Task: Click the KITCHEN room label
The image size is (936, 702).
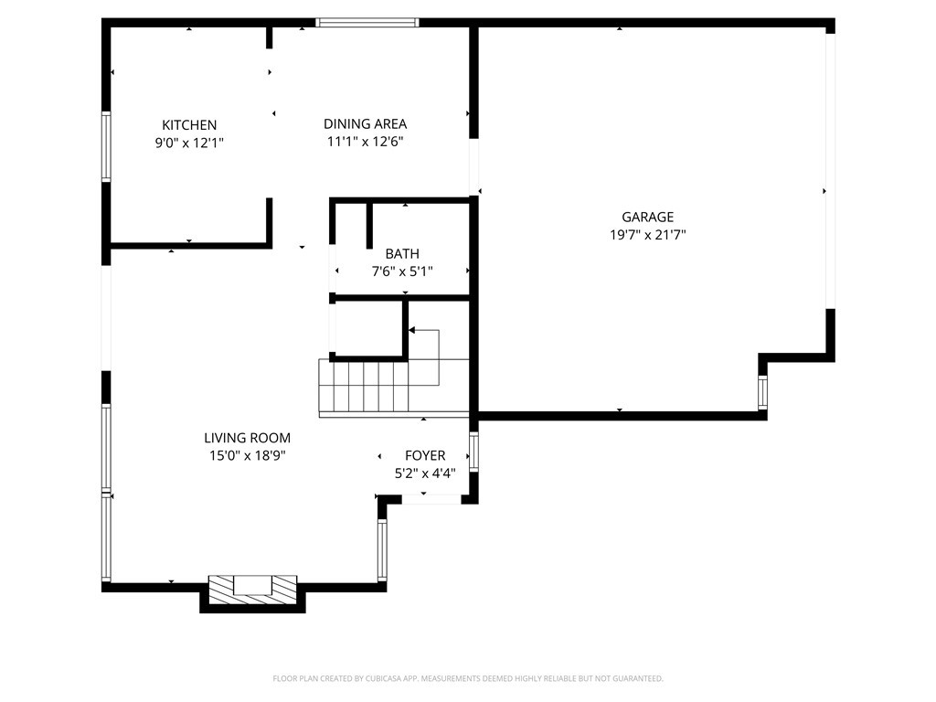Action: coord(189,124)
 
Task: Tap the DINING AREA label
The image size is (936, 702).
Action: coord(366,123)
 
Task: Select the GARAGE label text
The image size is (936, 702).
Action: coord(648,217)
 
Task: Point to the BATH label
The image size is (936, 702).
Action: coord(402,254)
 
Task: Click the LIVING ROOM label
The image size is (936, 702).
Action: coord(247,438)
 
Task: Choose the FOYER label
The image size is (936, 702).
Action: coord(425,455)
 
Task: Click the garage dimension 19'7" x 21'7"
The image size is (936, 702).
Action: coord(648,235)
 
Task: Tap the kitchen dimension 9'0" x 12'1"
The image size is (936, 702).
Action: coord(189,143)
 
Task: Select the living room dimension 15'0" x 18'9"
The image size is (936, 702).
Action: coord(247,455)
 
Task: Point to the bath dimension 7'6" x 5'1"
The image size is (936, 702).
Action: coord(402,271)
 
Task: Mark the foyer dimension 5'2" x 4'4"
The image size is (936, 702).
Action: coord(425,473)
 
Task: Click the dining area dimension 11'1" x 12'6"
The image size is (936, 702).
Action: coord(366,142)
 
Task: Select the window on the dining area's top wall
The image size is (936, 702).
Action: coord(367,23)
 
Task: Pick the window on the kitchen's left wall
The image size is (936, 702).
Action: coord(106,146)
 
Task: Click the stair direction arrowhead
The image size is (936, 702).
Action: coord(412,330)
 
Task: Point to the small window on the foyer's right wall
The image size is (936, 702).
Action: coord(474,452)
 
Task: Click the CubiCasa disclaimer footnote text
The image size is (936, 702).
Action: coord(468,678)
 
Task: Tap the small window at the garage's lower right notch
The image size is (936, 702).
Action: coord(763,392)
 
